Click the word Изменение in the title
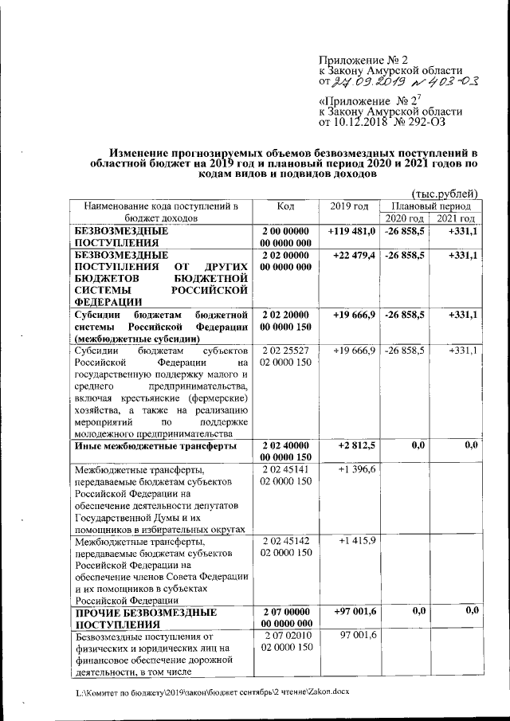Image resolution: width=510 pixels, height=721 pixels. [144, 151]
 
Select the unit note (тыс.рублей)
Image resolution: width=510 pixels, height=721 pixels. [445, 193]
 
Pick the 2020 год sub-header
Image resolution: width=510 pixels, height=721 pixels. [405, 218]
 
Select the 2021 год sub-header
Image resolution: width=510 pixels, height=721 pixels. [455, 218]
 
